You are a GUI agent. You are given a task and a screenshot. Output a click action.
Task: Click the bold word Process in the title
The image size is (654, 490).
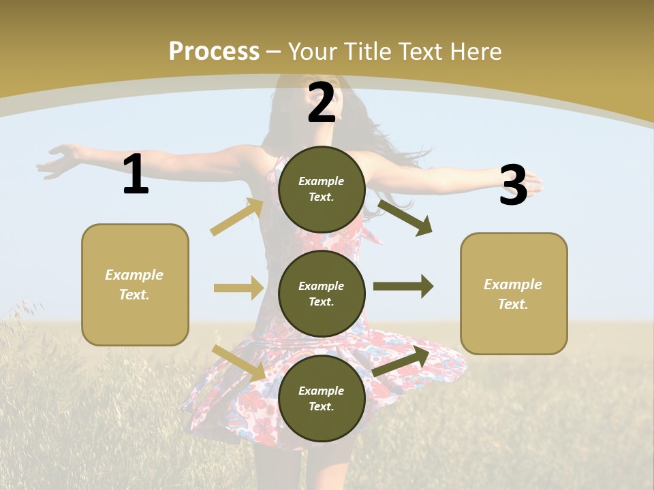[214, 52]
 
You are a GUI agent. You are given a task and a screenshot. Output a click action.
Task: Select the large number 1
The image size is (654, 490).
[136, 174]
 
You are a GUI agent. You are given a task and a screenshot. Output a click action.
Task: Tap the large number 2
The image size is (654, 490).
[322, 103]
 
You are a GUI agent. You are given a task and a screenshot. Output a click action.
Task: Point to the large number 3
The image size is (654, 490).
[513, 185]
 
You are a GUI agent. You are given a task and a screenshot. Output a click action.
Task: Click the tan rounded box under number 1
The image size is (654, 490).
[135, 284]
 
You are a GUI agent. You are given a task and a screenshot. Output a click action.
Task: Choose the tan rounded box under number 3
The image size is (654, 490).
[514, 293]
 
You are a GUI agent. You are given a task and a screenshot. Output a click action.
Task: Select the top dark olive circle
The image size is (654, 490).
[322, 189]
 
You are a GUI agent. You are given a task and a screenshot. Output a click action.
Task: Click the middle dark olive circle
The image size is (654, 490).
[322, 293]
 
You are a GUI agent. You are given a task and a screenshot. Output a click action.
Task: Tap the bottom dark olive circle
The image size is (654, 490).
[322, 398]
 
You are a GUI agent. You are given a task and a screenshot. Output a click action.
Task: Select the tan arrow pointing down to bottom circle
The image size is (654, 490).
[238, 363]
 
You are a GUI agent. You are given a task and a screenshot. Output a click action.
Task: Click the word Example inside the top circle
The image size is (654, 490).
[322, 182]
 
